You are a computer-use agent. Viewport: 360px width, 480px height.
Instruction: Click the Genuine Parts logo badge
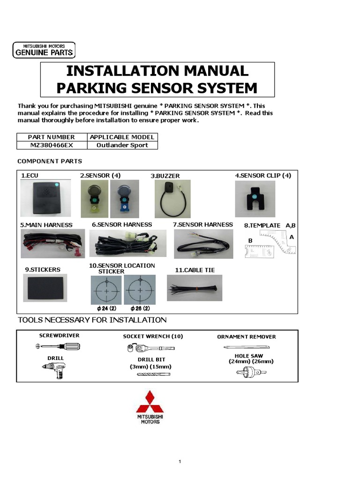43,50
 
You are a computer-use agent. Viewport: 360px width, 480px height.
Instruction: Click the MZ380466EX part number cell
52,145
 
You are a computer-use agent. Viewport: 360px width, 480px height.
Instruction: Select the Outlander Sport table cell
122,145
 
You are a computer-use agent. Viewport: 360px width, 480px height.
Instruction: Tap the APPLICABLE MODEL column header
122,137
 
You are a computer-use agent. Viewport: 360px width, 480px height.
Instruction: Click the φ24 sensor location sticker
106,290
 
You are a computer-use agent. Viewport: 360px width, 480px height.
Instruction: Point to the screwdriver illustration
59,347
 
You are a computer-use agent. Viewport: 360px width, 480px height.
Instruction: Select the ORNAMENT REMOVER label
246,337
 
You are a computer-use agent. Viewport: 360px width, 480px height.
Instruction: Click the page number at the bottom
180,462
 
